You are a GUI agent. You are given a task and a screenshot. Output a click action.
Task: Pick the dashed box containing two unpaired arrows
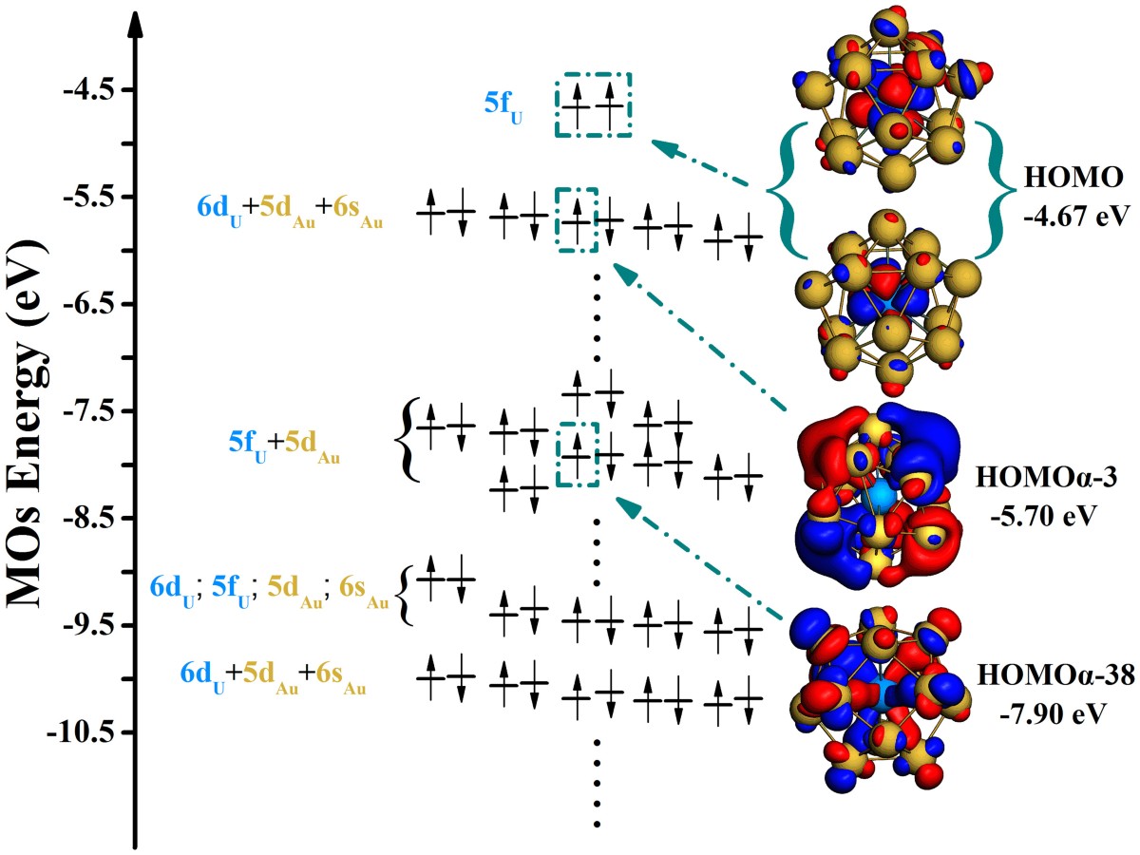[593, 104]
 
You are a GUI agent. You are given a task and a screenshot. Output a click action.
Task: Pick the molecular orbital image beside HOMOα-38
[879, 698]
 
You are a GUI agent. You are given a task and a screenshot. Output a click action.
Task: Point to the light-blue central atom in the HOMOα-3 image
[883, 495]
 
